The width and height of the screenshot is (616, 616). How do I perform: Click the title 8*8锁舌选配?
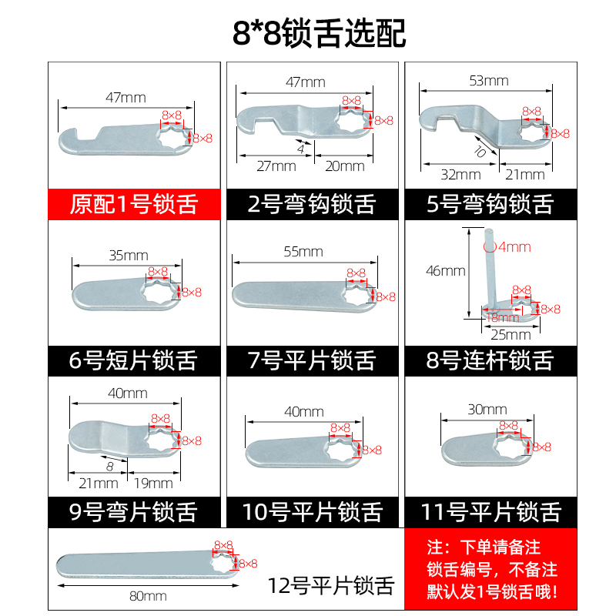coord(308,32)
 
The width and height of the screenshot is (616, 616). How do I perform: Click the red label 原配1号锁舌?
coord(134,204)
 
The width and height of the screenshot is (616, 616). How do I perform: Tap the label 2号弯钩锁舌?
coord(312,204)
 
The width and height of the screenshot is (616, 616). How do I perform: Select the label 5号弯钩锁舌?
coord(490,204)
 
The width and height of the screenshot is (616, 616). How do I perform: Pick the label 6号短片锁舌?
coord(134,359)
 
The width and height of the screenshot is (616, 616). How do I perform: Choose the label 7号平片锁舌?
coord(312,359)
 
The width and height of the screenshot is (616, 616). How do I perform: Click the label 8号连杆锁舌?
coord(490,359)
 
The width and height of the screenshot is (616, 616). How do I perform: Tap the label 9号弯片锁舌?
coord(134,511)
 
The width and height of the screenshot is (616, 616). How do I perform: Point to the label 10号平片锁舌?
coord(312,511)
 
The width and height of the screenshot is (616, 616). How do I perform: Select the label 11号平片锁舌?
coord(490,511)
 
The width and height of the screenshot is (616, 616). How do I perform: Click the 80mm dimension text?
coord(149,595)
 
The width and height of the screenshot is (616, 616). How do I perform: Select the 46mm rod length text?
coord(445,271)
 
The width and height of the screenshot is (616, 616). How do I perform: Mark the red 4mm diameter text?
coord(514,247)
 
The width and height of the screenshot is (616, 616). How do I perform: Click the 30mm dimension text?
coord(486,409)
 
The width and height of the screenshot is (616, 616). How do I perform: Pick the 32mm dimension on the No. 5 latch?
coord(456,175)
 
